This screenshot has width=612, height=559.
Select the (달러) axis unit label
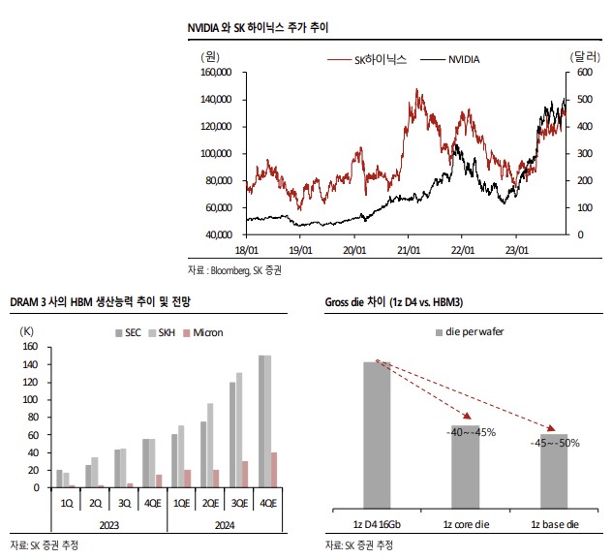[x=584, y=57]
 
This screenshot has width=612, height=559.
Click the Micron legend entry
[x=207, y=332]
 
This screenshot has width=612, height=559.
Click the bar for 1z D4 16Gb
[x=377, y=433]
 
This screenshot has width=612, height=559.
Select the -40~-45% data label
[x=472, y=431]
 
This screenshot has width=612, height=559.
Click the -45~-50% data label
[x=555, y=443]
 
